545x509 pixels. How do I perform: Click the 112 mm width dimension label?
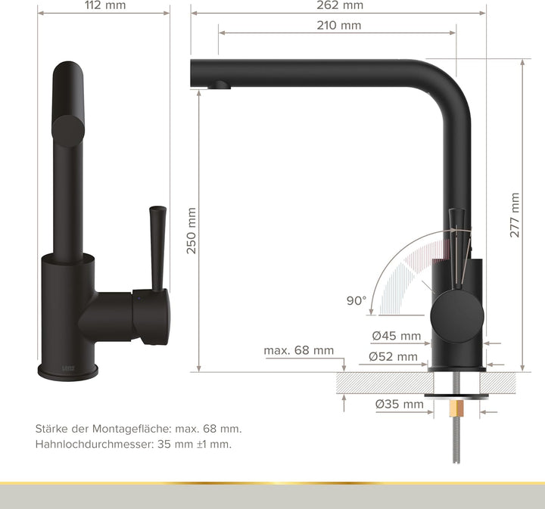(x=105, y=5)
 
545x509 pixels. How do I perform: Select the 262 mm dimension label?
(x=340, y=5)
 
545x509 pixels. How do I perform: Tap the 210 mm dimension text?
(x=339, y=26)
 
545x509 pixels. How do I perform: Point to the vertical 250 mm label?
(x=192, y=231)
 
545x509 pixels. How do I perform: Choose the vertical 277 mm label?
(x=515, y=216)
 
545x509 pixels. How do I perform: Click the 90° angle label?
(x=357, y=300)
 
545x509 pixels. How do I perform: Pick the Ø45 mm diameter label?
(x=396, y=336)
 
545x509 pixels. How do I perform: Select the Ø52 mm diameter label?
(x=393, y=356)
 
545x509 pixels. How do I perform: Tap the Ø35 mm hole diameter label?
(x=400, y=404)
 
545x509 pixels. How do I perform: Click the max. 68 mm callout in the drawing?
(x=299, y=350)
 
